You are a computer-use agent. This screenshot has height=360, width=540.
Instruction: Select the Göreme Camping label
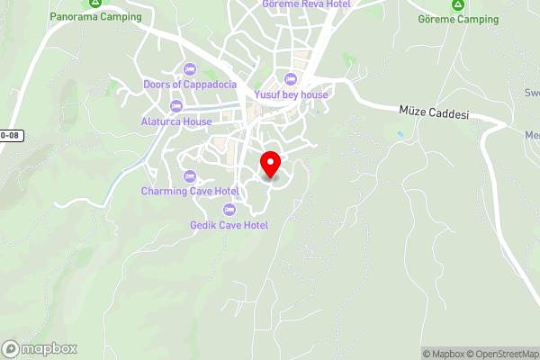pyautogui.click(x=458, y=19)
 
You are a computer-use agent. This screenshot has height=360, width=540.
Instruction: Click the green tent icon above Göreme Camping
pyautogui.click(x=458, y=4)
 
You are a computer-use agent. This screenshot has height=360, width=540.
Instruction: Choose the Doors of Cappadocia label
pyautogui.click(x=189, y=85)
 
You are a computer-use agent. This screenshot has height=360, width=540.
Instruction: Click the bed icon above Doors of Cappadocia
pyautogui.click(x=189, y=69)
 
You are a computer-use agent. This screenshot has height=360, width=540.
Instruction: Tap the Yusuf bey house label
pyautogui.click(x=290, y=94)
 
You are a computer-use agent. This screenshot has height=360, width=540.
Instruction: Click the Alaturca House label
pyautogui.click(x=176, y=121)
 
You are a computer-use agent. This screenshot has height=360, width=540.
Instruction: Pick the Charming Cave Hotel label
pyautogui.click(x=189, y=191)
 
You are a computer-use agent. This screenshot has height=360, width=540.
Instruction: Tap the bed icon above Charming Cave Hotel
pyautogui.click(x=189, y=175)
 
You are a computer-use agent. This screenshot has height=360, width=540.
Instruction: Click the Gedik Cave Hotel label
pyautogui.click(x=229, y=225)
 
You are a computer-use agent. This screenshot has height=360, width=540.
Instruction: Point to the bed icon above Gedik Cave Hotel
pyautogui.click(x=229, y=210)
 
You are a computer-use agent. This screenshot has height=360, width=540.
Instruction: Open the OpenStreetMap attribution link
pyautogui.click(x=499, y=354)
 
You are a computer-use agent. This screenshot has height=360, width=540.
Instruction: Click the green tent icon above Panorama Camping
pyautogui.click(x=95, y=4)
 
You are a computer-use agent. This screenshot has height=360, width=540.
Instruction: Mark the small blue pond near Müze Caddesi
pyautogui.click(x=399, y=134)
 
